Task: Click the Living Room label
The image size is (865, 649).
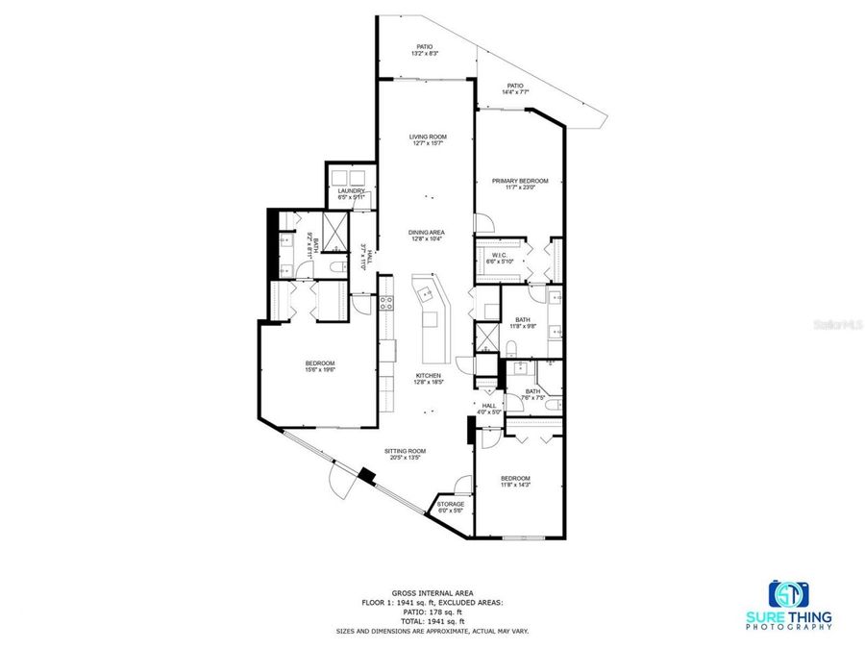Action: coord(428,140)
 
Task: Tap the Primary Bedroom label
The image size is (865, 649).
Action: coord(520,185)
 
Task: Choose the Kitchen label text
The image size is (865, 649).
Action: coord(428,378)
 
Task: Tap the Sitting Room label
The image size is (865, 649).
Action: coord(406,454)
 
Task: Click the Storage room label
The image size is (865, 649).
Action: coord(451,507)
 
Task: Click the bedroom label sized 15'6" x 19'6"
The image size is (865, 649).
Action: coord(320,365)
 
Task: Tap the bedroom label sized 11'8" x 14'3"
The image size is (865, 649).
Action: coord(514,482)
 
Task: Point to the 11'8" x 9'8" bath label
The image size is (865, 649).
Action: coord(523,323)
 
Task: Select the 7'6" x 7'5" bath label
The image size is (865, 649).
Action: coord(532,394)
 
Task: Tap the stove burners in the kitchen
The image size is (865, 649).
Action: coord(385,305)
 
